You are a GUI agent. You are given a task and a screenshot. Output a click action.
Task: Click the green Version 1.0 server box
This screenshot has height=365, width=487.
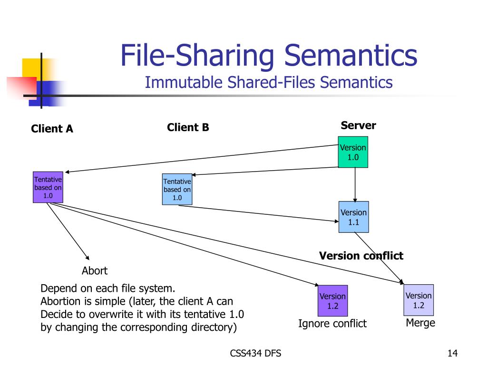(x=353, y=152)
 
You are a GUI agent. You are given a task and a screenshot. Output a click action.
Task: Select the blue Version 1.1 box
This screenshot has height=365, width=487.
(x=354, y=217)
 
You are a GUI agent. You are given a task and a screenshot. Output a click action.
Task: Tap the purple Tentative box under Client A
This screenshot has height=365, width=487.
(x=48, y=187)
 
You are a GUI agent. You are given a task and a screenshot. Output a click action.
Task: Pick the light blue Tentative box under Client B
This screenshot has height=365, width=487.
(x=177, y=189)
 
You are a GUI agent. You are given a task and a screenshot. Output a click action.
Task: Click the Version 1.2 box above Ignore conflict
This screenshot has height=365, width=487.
(x=332, y=301)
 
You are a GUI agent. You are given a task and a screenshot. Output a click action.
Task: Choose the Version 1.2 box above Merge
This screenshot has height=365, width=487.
(x=419, y=300)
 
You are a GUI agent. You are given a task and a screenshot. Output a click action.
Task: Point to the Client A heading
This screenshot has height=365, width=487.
(x=52, y=128)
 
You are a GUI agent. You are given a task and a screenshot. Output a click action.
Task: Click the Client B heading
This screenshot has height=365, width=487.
(x=188, y=127)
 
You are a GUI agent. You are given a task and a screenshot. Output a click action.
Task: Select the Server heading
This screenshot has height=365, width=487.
(x=359, y=125)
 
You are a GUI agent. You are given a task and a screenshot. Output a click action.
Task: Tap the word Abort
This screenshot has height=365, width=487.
(x=95, y=270)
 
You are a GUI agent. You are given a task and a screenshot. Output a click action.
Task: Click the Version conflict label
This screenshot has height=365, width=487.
(x=361, y=256)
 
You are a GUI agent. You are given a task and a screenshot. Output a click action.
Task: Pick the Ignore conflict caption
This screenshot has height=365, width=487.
(x=332, y=323)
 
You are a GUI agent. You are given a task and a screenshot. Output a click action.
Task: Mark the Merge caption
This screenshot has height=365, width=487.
(x=420, y=323)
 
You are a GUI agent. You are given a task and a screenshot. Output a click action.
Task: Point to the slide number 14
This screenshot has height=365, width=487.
(x=453, y=353)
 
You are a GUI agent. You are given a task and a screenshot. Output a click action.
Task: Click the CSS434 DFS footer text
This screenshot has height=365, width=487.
(x=255, y=353)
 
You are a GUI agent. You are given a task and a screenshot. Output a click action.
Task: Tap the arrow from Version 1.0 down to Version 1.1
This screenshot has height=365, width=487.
(x=355, y=185)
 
